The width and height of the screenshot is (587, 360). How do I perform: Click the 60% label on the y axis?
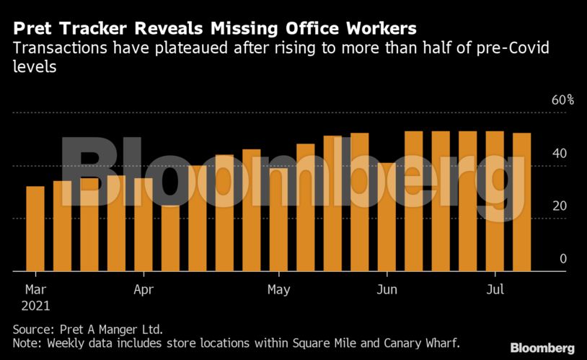pos(562,100)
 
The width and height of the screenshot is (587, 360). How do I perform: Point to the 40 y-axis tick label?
pos(559,154)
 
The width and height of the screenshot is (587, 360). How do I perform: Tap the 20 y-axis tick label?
pos(559,206)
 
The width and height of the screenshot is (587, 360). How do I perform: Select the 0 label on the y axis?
pos(563,258)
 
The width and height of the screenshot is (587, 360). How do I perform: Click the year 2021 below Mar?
pos(35,306)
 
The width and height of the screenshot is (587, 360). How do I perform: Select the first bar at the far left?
pos(35,228)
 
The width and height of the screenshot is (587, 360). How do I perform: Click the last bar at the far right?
pos(521,202)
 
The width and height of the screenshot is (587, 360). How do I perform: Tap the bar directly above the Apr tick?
pos(144,224)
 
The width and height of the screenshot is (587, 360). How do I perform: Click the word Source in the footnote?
pos(32,329)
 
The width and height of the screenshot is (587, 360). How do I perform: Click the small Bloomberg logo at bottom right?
pos(542,348)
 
